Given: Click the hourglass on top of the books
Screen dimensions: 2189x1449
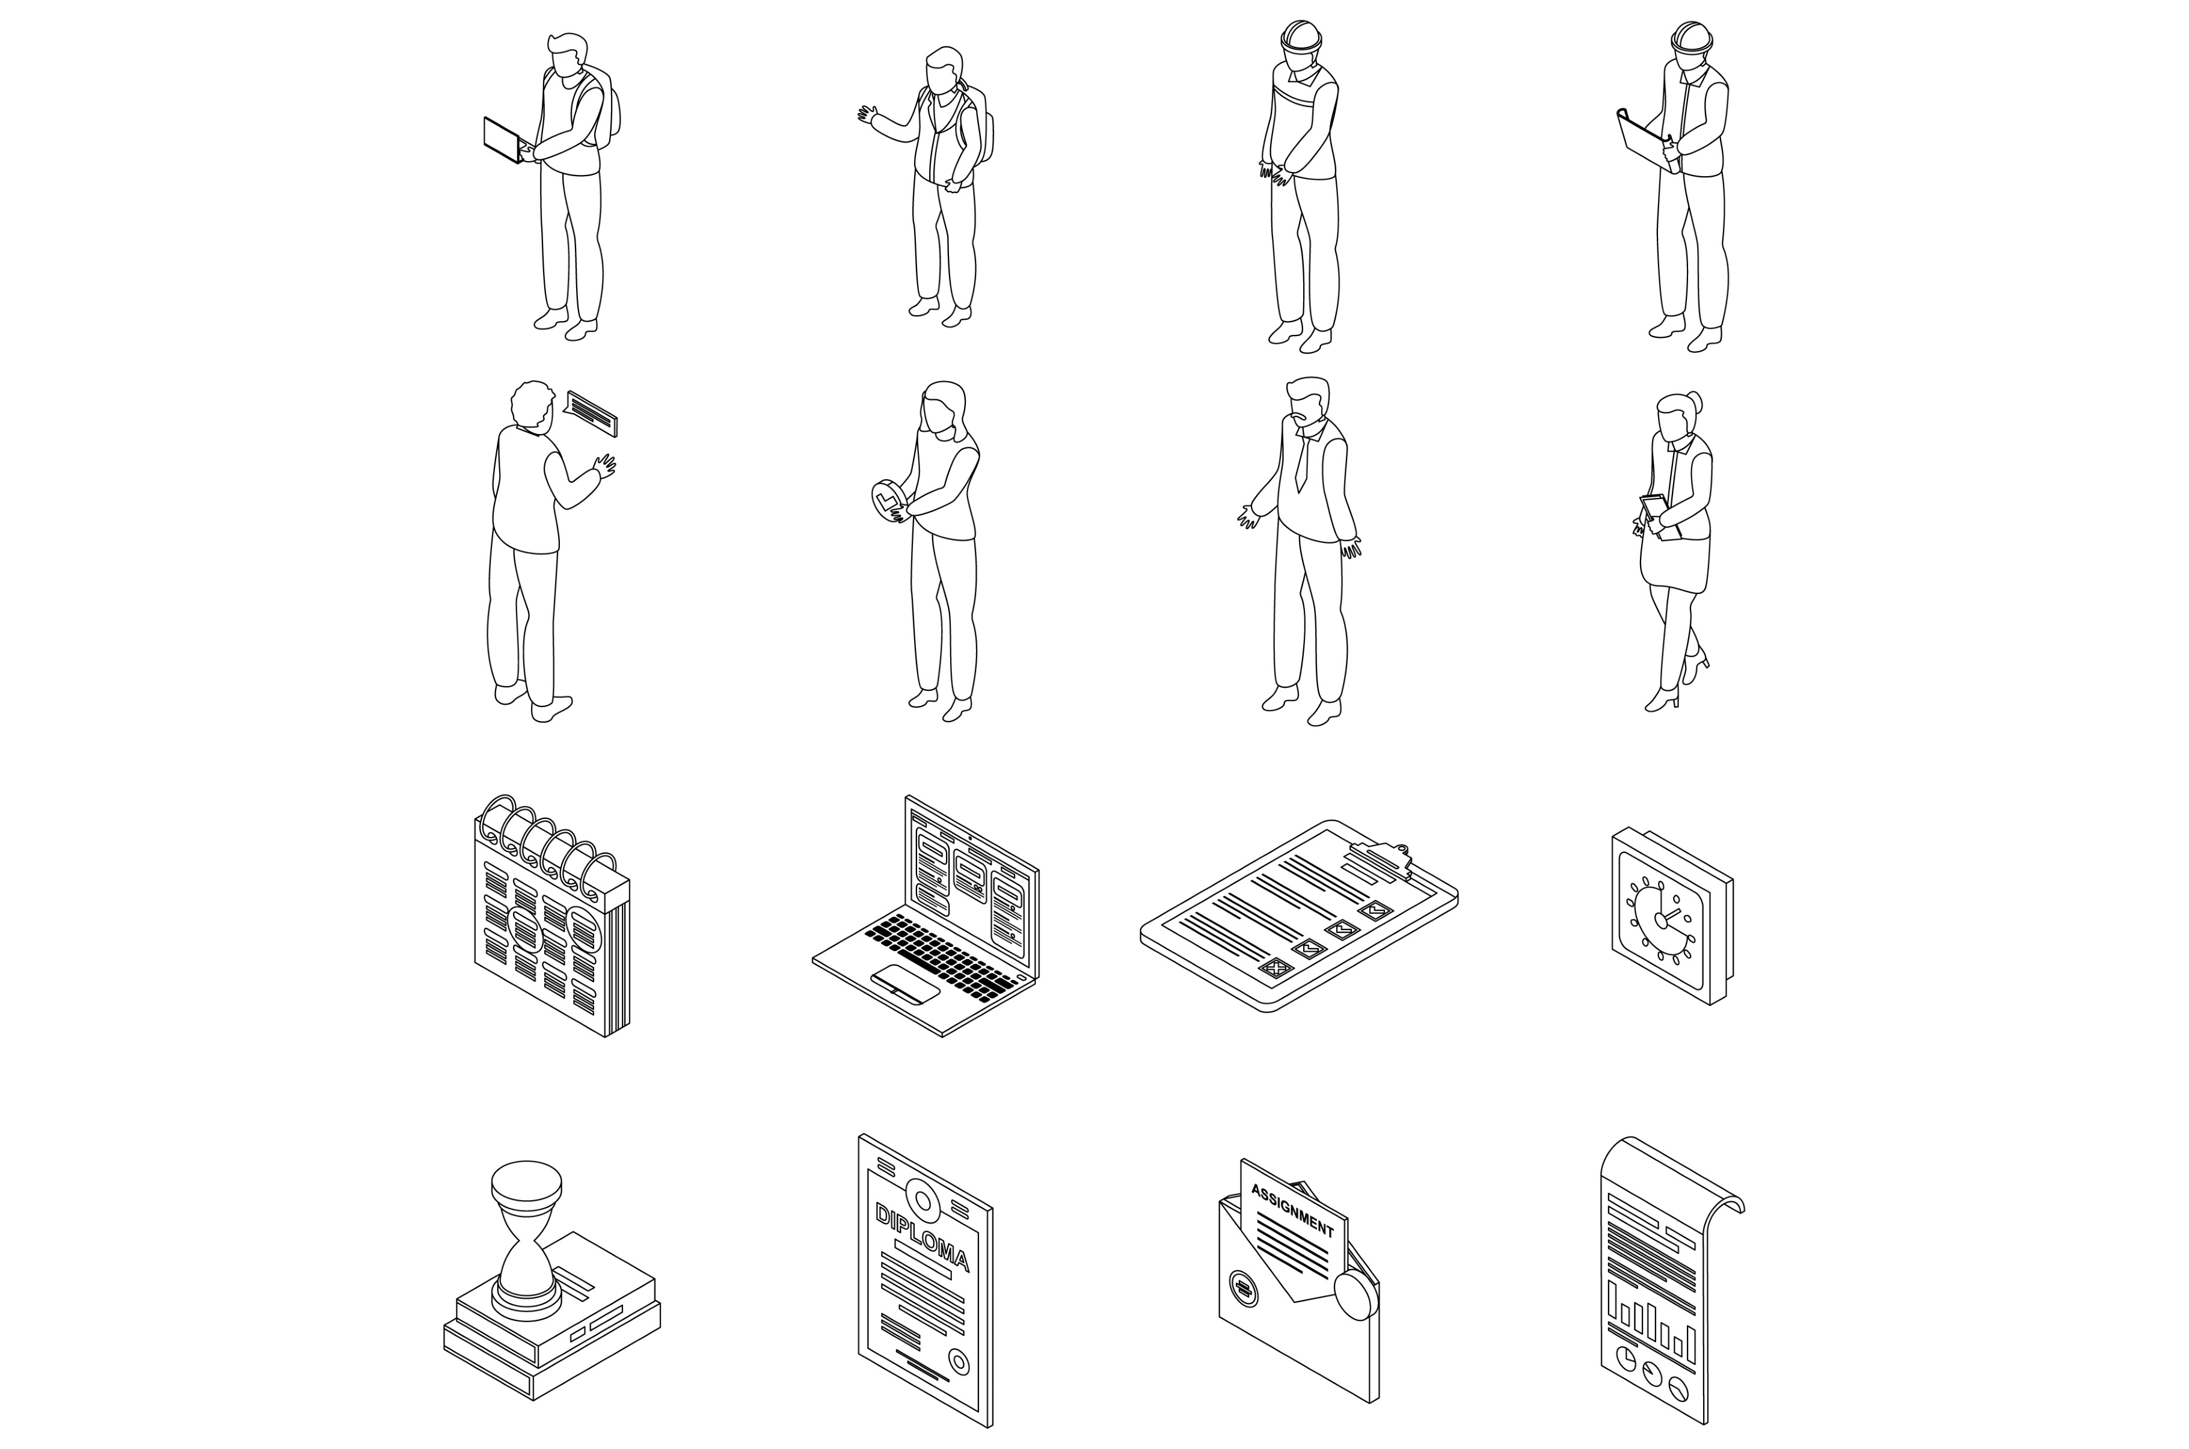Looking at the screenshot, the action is [x=526, y=1239].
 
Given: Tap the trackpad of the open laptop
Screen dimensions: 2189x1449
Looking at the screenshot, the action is [x=906, y=982].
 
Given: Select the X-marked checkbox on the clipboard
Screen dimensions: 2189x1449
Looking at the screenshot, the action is [x=1276, y=967].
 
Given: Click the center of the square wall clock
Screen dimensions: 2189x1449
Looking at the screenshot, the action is [x=1660, y=919].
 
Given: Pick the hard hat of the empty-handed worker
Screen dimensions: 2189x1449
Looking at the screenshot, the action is [x=1301, y=35].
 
